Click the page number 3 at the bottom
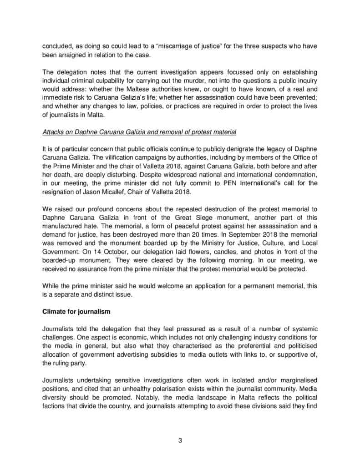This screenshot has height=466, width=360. click(180, 440)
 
